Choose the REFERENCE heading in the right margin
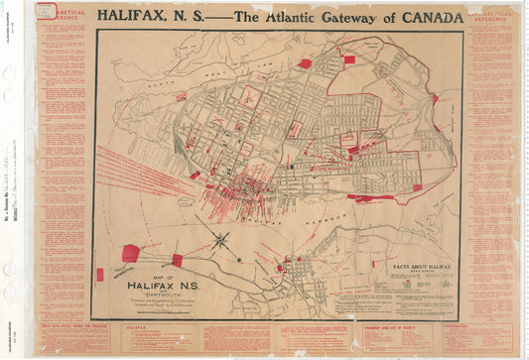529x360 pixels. [x=490, y=17]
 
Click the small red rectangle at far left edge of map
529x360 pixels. [x=99, y=274]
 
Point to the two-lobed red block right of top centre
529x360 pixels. [x=348, y=60]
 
